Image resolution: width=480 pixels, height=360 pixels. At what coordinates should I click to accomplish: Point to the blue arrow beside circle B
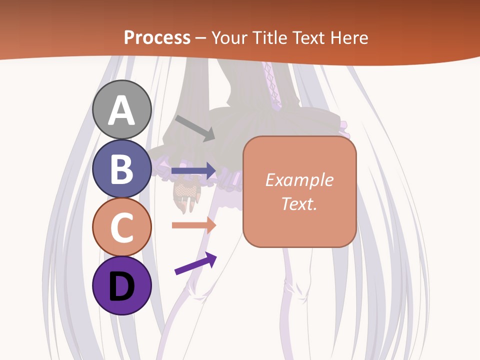click(x=193, y=170)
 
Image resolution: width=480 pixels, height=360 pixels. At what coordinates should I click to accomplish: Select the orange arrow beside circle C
click(x=193, y=225)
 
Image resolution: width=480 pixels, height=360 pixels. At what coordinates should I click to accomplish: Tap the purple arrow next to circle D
click(x=195, y=263)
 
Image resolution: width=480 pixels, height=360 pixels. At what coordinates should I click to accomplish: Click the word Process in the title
click(x=157, y=38)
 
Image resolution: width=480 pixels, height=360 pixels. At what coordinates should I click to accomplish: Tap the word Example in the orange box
click(x=299, y=180)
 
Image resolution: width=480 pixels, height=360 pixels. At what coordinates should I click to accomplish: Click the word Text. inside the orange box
click(x=299, y=203)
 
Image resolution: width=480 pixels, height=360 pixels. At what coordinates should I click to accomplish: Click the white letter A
click(x=122, y=110)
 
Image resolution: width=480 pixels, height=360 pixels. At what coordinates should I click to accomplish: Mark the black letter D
click(x=122, y=286)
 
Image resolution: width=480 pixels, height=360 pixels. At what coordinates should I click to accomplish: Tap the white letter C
click(x=122, y=227)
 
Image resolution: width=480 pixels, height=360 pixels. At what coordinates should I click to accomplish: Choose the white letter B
click(x=122, y=168)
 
